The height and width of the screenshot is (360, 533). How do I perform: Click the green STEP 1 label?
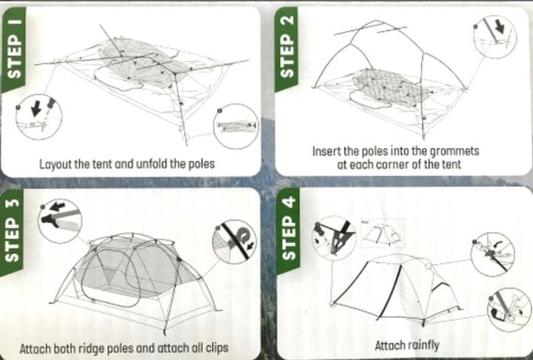(x=13, y=50)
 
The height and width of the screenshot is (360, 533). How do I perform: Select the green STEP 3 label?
(x=13, y=230)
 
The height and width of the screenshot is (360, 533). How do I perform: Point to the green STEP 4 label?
(x=288, y=230)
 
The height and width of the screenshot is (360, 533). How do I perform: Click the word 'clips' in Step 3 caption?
(x=217, y=348)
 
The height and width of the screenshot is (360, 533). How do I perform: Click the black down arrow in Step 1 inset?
(x=36, y=109)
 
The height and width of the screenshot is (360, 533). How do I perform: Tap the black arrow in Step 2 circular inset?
(x=500, y=27)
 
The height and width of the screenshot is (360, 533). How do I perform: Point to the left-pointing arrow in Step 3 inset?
(x=57, y=206)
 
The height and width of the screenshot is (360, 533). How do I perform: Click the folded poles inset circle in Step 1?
(x=235, y=126)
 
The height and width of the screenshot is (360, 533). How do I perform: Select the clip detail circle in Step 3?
(x=234, y=241)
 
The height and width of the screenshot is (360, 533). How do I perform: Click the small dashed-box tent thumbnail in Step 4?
(x=383, y=233)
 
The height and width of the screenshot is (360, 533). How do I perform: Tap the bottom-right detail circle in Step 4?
(x=509, y=310)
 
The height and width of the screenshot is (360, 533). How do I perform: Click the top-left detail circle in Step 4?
(x=334, y=239)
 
